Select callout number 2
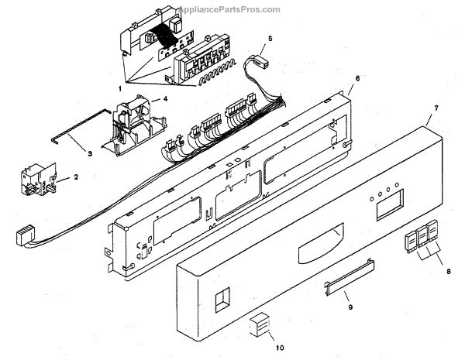(x=76, y=178)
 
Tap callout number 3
(x=90, y=153)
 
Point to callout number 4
(x=156, y=100)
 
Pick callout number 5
(x=270, y=38)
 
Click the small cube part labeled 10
(x=257, y=326)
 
